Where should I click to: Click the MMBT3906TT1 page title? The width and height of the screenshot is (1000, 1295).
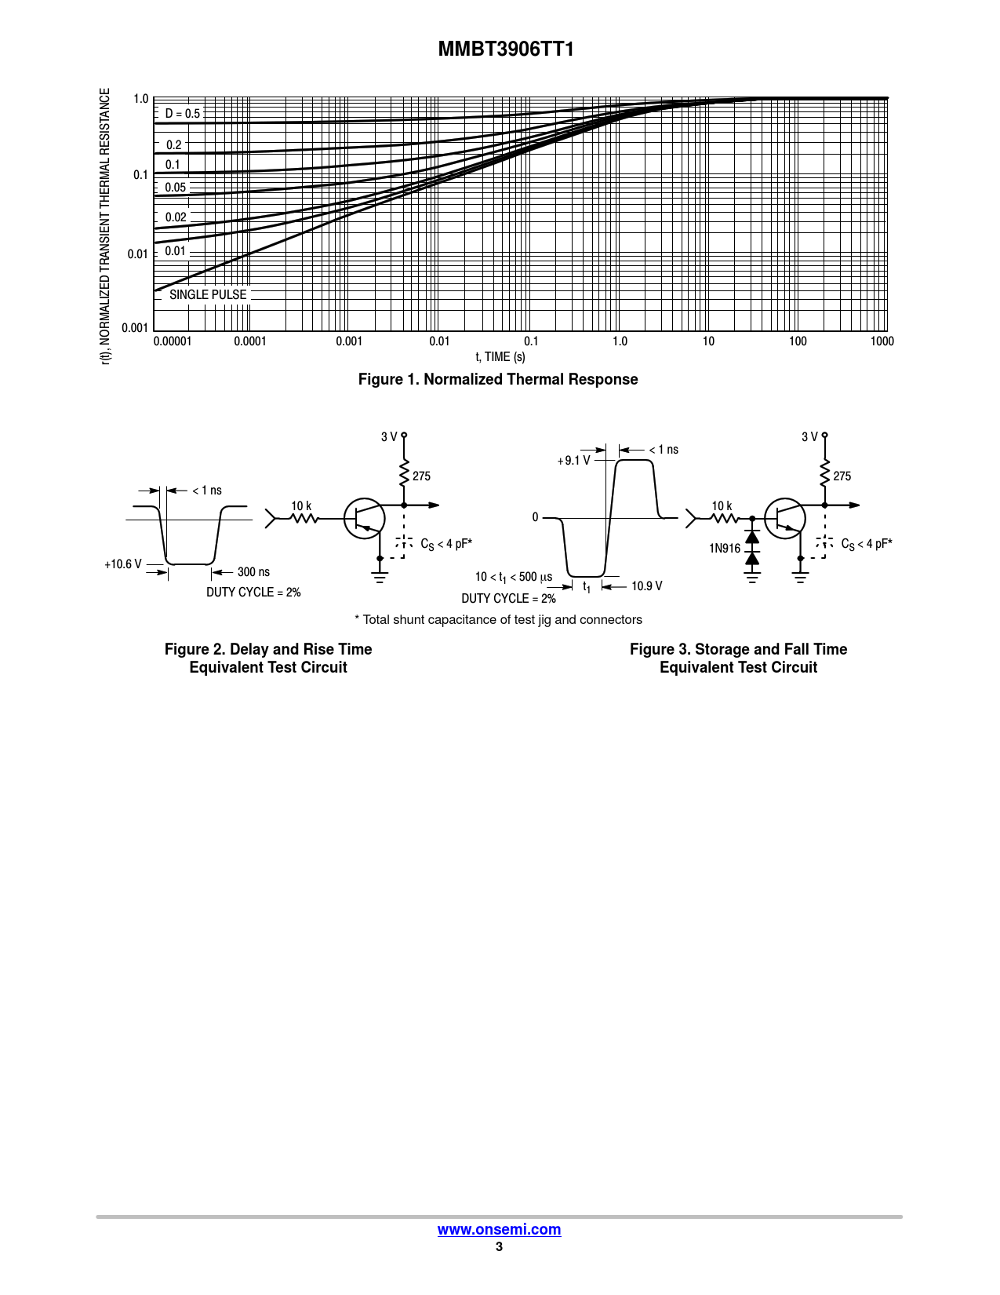506,49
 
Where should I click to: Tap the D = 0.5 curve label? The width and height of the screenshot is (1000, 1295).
182,113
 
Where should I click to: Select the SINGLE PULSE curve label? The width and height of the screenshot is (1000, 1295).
208,294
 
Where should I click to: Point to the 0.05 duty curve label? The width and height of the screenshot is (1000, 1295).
175,187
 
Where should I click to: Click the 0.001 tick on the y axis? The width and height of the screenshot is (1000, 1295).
135,328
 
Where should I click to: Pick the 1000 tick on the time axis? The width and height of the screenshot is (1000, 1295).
882,341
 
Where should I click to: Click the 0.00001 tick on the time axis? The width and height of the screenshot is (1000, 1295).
172,341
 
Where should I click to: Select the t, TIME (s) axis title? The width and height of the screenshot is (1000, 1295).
500,356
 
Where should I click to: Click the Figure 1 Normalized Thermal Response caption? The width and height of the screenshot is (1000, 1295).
498,379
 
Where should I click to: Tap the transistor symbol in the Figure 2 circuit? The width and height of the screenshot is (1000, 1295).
365,519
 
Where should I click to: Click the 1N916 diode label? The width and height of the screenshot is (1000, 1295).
725,549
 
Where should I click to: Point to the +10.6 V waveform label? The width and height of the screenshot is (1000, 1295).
123,564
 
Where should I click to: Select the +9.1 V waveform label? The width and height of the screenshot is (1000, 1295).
573,461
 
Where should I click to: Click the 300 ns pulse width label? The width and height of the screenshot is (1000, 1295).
253,572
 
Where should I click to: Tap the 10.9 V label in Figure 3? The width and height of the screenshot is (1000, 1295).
647,585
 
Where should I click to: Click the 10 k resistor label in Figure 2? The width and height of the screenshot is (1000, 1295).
301,505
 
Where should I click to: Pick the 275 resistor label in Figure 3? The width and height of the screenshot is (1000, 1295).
842,476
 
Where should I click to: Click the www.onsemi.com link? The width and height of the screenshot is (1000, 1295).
499,1229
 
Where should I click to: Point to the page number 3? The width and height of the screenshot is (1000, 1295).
499,1246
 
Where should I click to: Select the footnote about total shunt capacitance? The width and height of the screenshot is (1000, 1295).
499,620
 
